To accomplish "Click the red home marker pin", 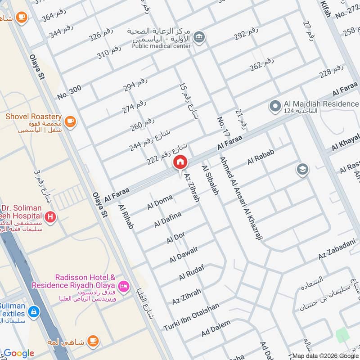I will [180, 162].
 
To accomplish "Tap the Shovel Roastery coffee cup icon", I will [70, 121].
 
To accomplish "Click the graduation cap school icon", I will [302, 170].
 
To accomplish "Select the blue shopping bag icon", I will [33, 311].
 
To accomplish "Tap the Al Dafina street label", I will [167, 219].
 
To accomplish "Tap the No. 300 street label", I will [69, 92].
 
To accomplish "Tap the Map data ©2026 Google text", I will [325, 355].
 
